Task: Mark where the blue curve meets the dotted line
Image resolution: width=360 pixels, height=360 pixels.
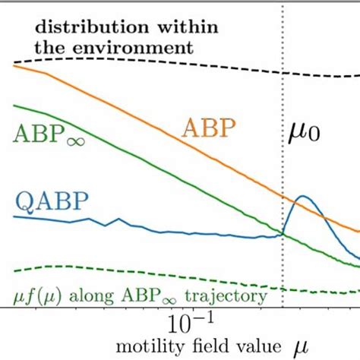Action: point(283,234)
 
